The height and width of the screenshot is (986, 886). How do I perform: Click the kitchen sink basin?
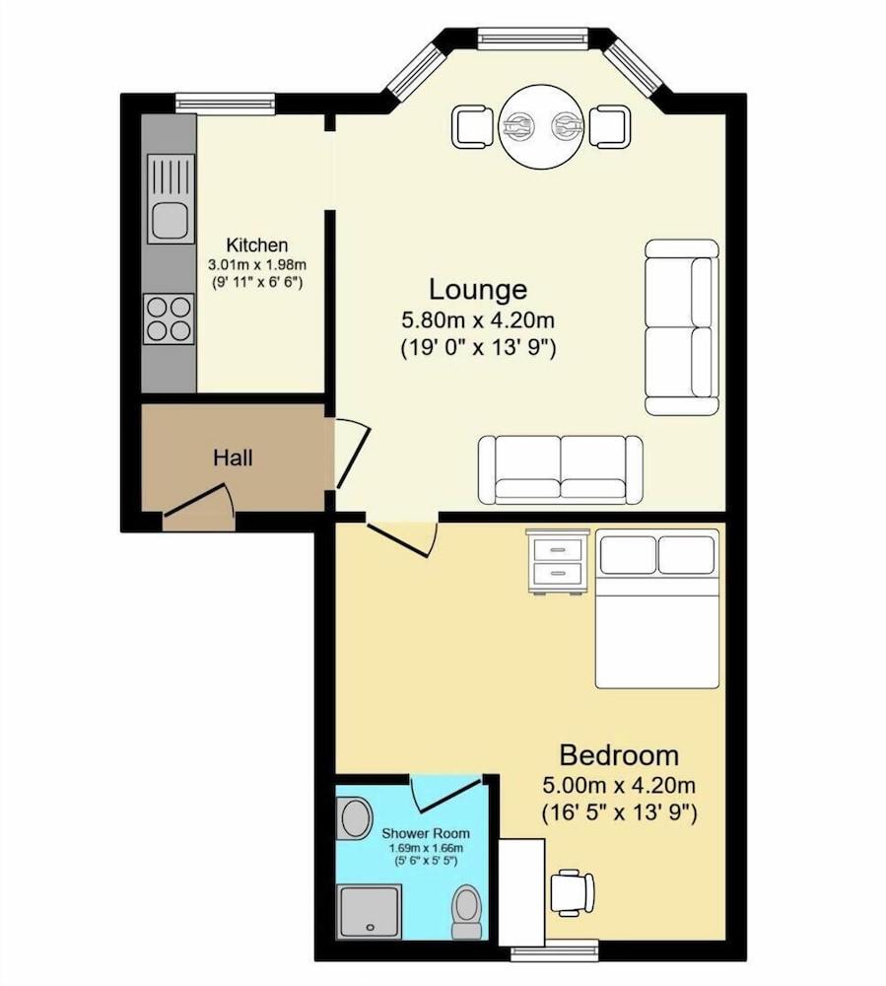pyautogui.click(x=170, y=221)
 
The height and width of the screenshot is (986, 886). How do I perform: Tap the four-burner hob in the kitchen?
pyautogui.click(x=170, y=318)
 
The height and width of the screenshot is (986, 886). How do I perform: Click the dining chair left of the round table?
pyautogui.click(x=472, y=127)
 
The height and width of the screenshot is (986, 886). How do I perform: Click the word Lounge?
pyautogui.click(x=478, y=289)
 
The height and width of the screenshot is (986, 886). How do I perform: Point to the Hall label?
pyautogui.click(x=233, y=458)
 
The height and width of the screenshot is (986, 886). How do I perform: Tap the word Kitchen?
pyautogui.click(x=257, y=245)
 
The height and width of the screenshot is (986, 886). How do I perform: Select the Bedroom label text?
pyautogui.click(x=619, y=754)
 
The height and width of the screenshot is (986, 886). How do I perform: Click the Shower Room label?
pyautogui.click(x=426, y=833)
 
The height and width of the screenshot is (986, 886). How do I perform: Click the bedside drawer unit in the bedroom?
pyautogui.click(x=558, y=561)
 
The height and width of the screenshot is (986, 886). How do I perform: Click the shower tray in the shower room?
pyautogui.click(x=370, y=912)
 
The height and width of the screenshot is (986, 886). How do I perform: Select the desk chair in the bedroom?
pyautogui.click(x=572, y=891)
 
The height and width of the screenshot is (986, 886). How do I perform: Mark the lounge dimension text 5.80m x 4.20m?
pyautogui.click(x=478, y=320)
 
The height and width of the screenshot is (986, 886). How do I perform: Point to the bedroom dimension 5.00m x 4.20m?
pyautogui.click(x=619, y=785)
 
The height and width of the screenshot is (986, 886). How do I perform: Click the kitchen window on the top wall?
pyautogui.click(x=225, y=104)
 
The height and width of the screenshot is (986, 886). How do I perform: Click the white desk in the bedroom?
pyautogui.click(x=521, y=891)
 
